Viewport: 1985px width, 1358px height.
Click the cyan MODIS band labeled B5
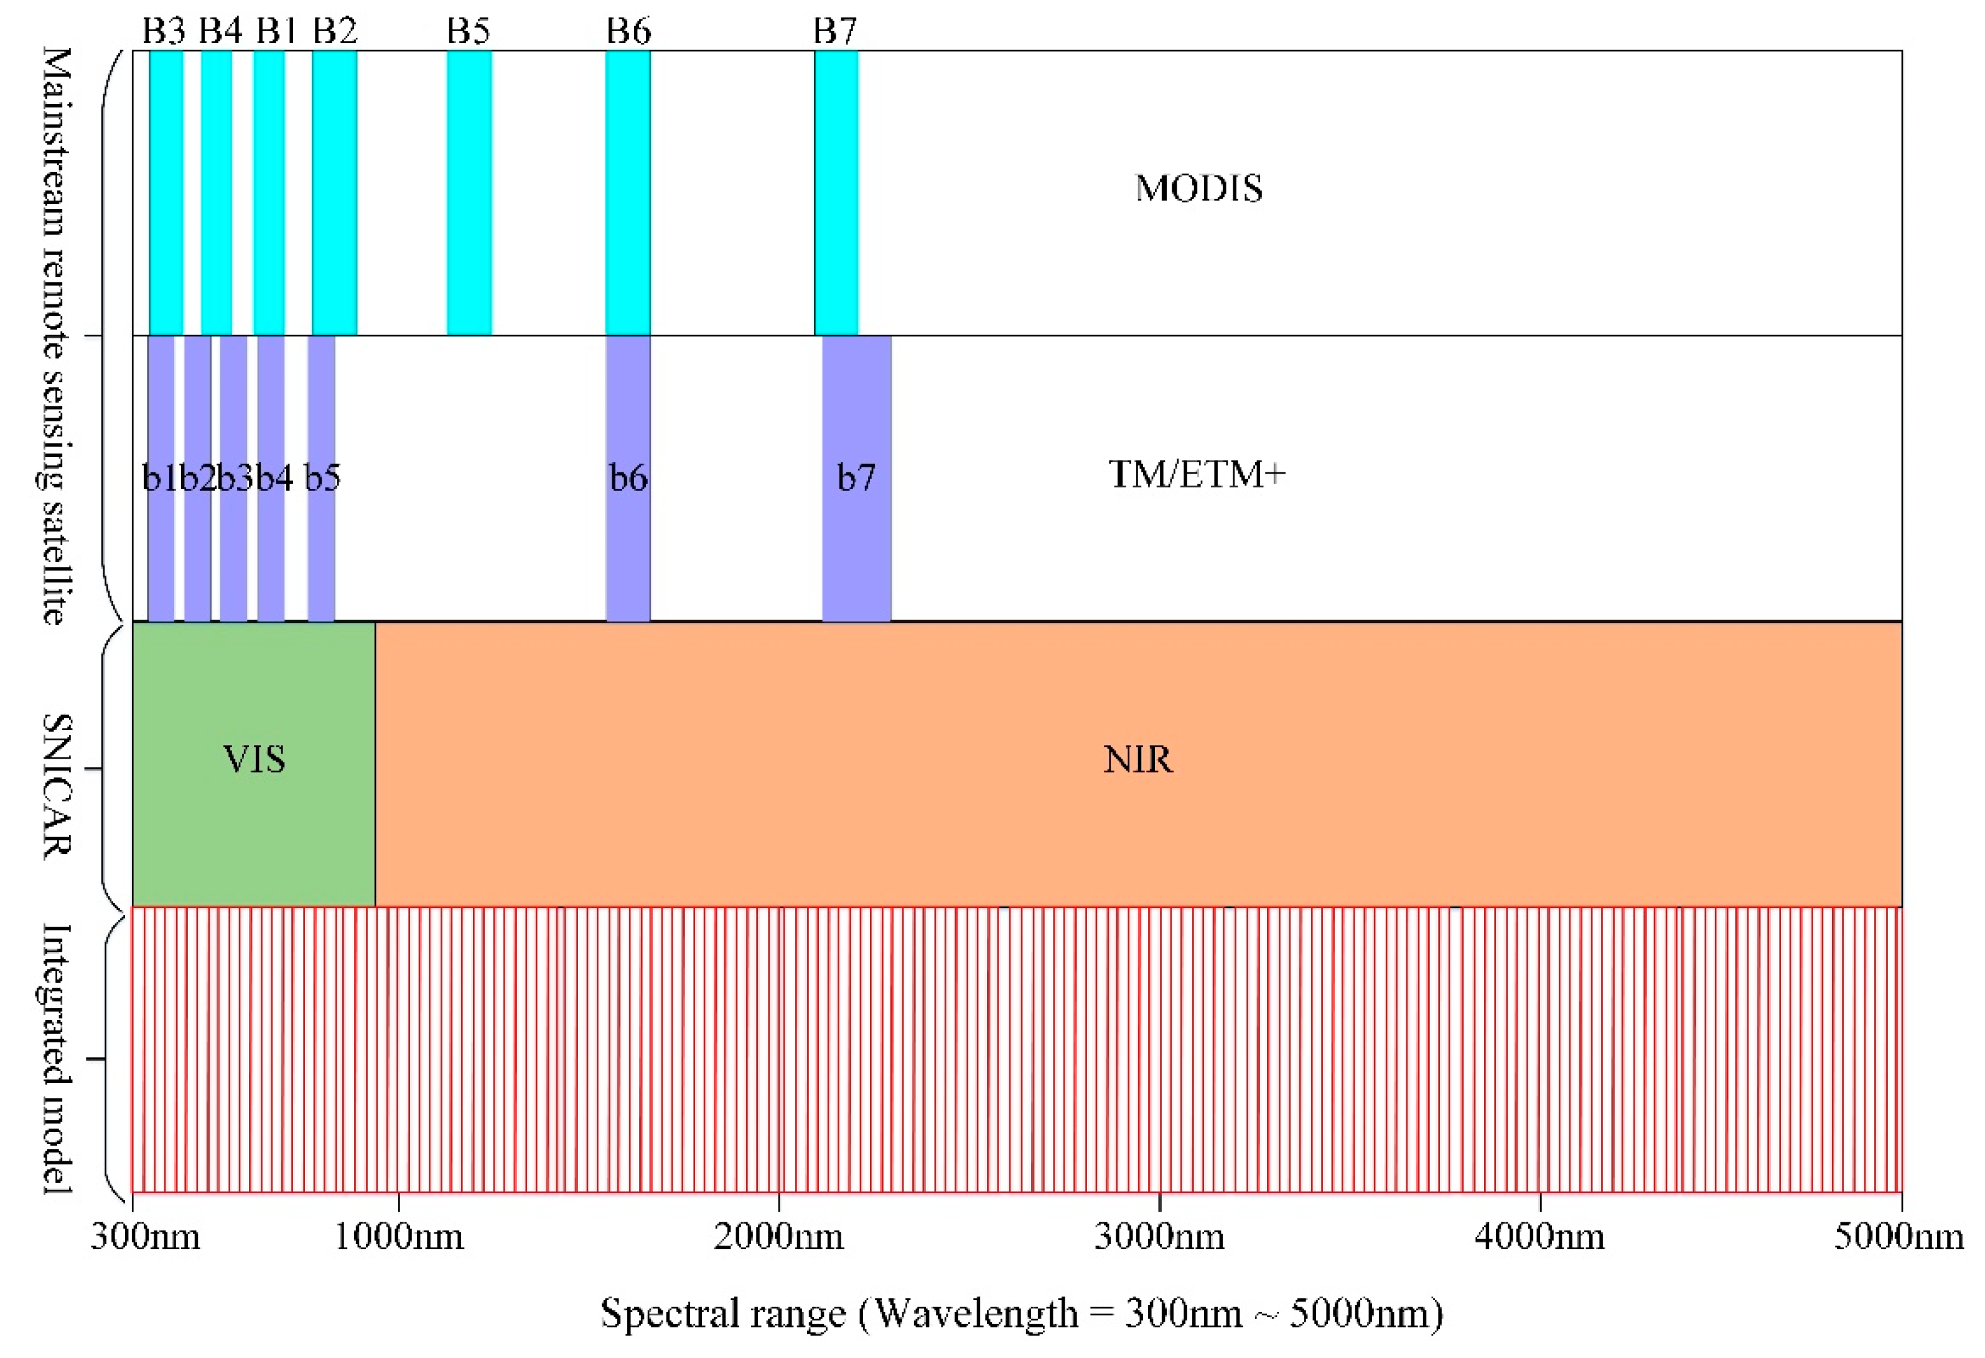click(469, 192)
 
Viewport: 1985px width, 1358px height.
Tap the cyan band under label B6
click(628, 192)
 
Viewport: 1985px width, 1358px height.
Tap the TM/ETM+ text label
click(1196, 474)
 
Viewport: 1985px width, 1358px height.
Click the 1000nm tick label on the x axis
click(398, 1236)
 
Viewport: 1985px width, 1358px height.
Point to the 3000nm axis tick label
click(1159, 1236)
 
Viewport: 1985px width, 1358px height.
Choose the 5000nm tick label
click(1898, 1236)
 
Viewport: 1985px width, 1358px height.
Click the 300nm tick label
click(145, 1236)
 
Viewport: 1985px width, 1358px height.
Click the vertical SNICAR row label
click(57, 786)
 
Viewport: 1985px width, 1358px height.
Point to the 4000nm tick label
click(1539, 1236)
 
